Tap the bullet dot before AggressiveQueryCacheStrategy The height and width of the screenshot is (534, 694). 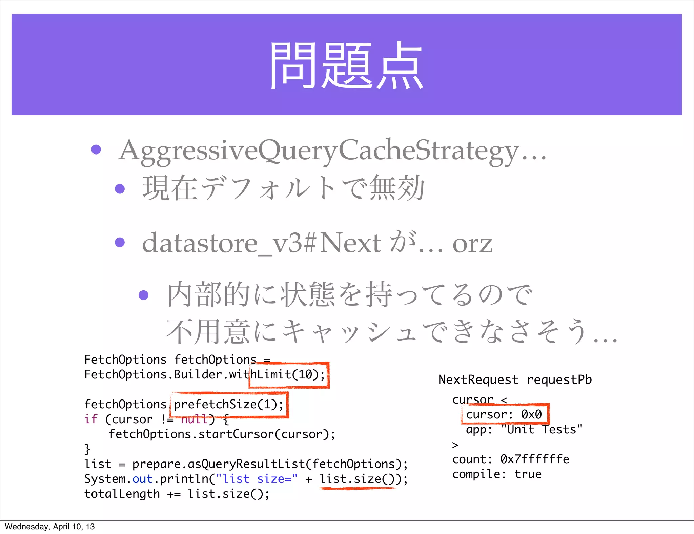[x=96, y=149]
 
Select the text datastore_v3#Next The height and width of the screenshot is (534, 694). [x=261, y=243]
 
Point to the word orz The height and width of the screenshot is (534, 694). [x=472, y=244]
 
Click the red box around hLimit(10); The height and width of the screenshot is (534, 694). [x=289, y=375]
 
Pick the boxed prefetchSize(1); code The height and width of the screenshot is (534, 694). [x=229, y=405]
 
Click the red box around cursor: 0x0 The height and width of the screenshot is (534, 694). [x=505, y=414]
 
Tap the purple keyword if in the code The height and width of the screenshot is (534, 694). [x=91, y=419]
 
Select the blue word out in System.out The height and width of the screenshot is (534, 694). [x=142, y=479]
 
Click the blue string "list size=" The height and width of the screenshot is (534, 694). [x=257, y=479]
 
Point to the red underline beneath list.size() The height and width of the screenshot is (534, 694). [x=357, y=488]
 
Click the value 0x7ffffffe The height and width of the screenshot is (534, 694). [x=535, y=459]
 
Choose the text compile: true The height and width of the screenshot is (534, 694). [x=497, y=474]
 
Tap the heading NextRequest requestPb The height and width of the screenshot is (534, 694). [x=515, y=380]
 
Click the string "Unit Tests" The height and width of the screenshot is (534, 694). [x=542, y=429]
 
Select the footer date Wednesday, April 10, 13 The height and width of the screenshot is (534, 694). [x=50, y=527]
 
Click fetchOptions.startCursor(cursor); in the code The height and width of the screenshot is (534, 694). [x=222, y=434]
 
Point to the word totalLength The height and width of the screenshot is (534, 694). [x=122, y=494]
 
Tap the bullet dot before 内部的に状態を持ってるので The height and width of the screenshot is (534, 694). [x=144, y=295]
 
